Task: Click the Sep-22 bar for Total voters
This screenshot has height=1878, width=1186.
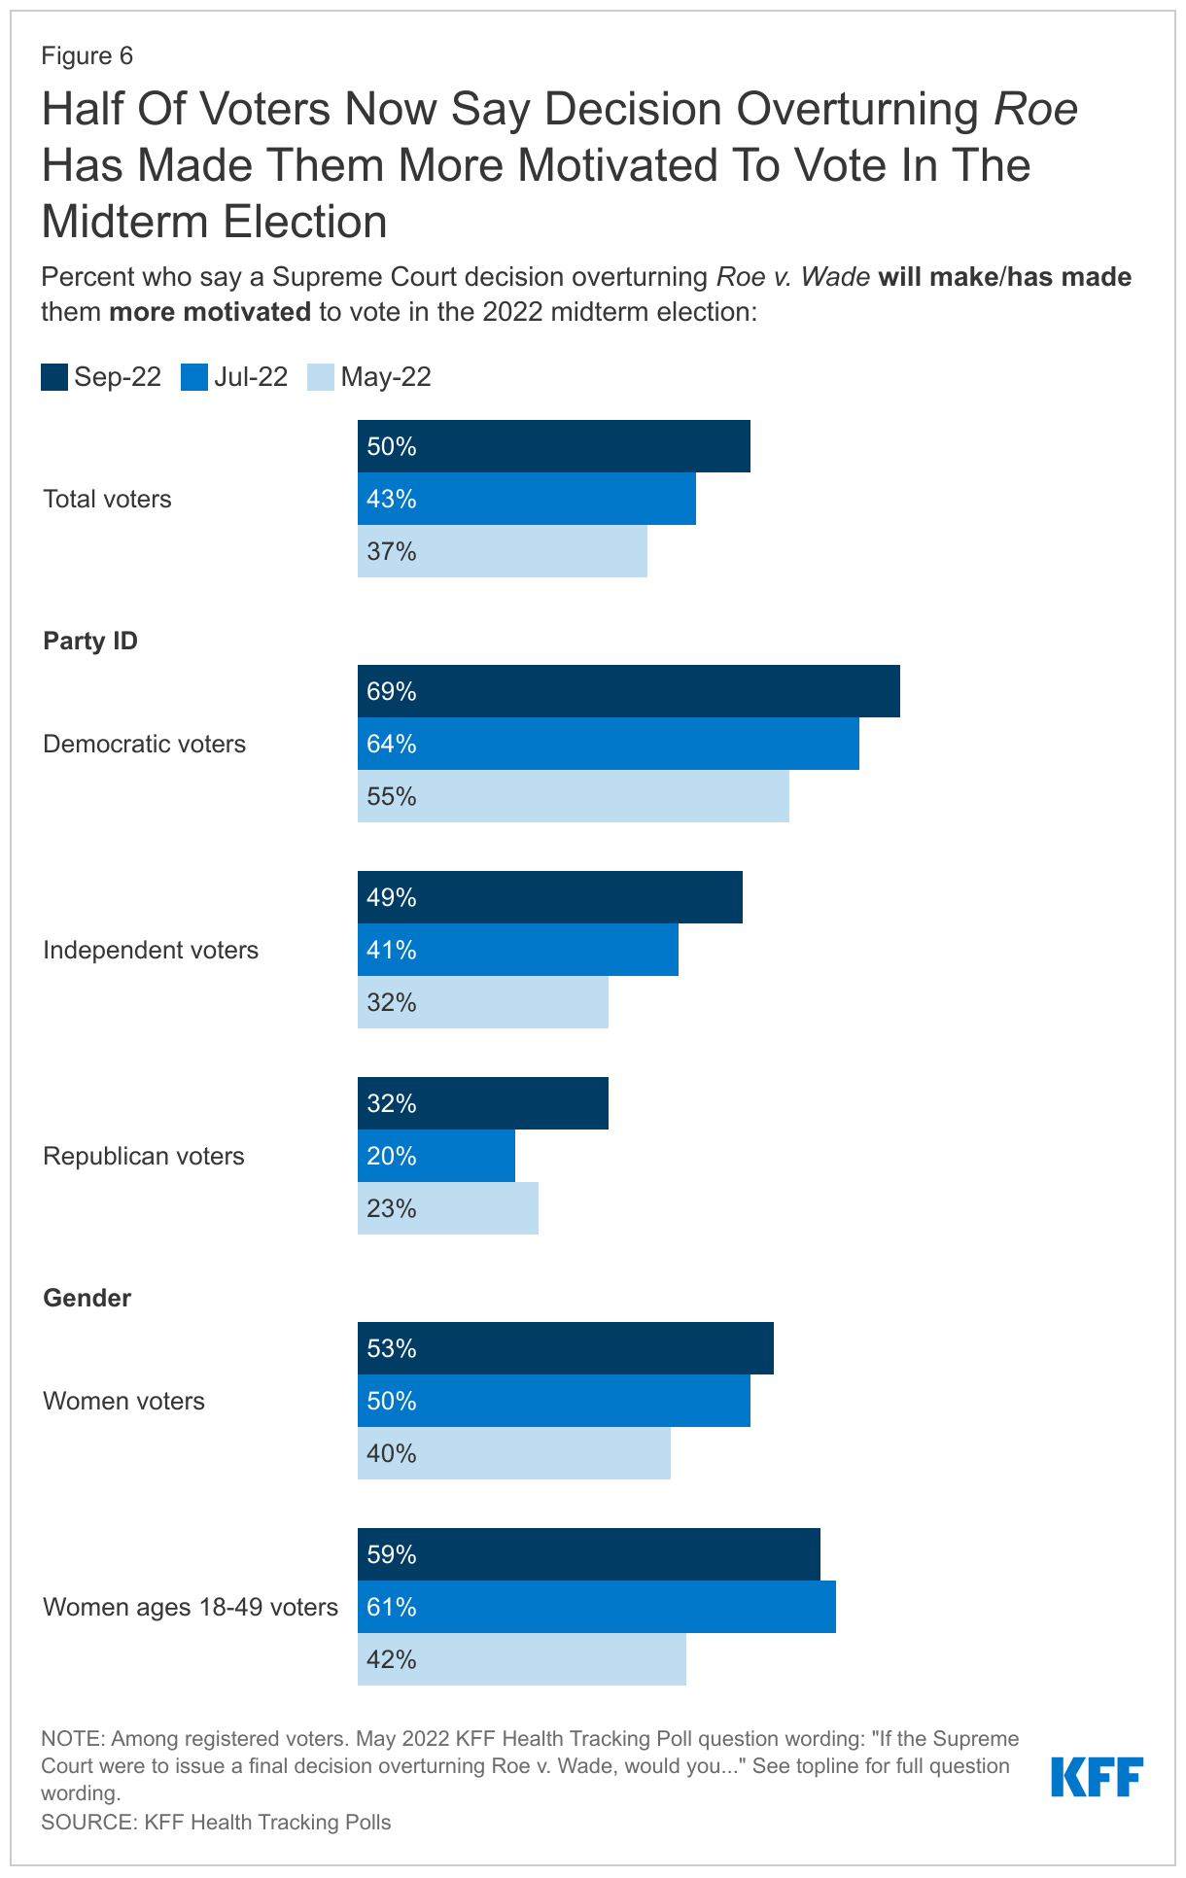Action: point(553,446)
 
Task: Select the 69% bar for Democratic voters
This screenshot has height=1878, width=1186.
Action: point(628,691)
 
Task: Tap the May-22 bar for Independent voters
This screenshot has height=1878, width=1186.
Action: point(482,1002)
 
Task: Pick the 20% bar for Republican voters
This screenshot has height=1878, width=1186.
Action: point(436,1156)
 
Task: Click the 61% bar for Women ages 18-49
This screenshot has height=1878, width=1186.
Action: point(596,1607)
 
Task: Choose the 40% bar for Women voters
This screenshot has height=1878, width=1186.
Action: point(513,1453)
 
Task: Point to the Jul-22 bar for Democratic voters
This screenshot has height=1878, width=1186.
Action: point(608,744)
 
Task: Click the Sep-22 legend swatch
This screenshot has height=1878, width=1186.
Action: point(54,377)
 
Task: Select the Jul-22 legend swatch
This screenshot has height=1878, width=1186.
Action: point(194,377)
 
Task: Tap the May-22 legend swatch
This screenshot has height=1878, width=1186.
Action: point(321,377)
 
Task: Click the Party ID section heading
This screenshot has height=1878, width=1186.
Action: point(90,642)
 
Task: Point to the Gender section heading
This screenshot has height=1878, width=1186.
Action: point(87,1299)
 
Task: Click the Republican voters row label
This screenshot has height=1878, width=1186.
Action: point(144,1157)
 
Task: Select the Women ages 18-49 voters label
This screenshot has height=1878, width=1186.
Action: point(191,1608)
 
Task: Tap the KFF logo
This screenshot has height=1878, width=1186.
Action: point(1097,1777)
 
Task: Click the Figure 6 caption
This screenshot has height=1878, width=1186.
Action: point(87,55)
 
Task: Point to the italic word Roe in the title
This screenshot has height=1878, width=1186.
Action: point(1035,109)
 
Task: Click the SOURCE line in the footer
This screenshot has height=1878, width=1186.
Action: point(216,1823)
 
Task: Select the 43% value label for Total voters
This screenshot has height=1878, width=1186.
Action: point(392,500)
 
